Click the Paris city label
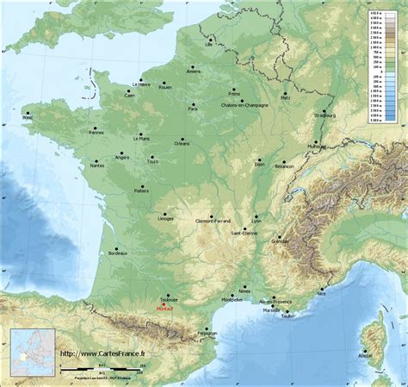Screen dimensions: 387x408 point(194,109)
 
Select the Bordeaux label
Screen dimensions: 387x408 point(118,254)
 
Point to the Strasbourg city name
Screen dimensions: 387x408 point(325,114)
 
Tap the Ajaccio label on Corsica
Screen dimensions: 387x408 point(366,354)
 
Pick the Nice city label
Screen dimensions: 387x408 point(322,294)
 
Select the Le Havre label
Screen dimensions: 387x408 point(141,84)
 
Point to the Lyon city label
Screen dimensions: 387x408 point(257,220)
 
